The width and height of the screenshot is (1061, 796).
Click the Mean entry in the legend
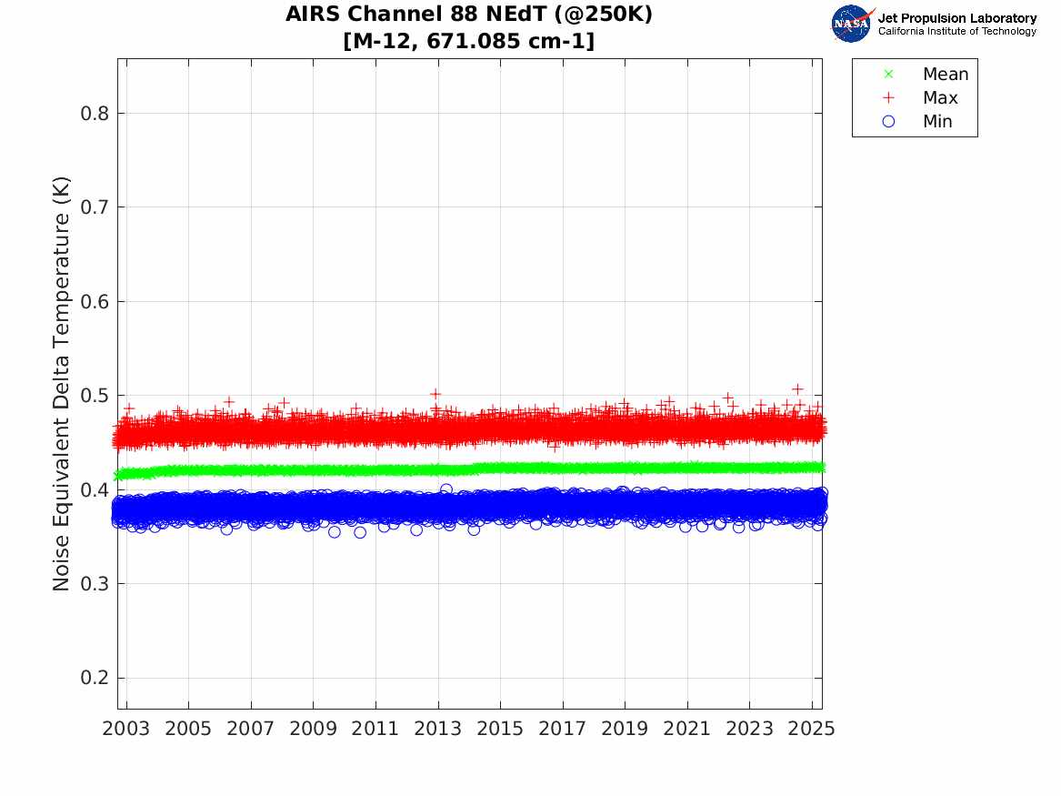(945, 75)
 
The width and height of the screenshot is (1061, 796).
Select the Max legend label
(939, 98)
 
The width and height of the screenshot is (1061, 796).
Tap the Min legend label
(937, 122)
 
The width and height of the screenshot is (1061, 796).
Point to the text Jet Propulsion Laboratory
(956, 18)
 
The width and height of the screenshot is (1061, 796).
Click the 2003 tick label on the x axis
(126, 729)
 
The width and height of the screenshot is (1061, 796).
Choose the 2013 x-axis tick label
(438, 729)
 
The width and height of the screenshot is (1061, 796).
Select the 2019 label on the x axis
(625, 729)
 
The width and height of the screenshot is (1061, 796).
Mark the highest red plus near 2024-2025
(797, 389)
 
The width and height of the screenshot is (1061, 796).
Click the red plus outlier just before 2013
(435, 394)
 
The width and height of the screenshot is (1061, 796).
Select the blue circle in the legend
(889, 122)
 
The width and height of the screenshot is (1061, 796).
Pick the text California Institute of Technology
(956, 32)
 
